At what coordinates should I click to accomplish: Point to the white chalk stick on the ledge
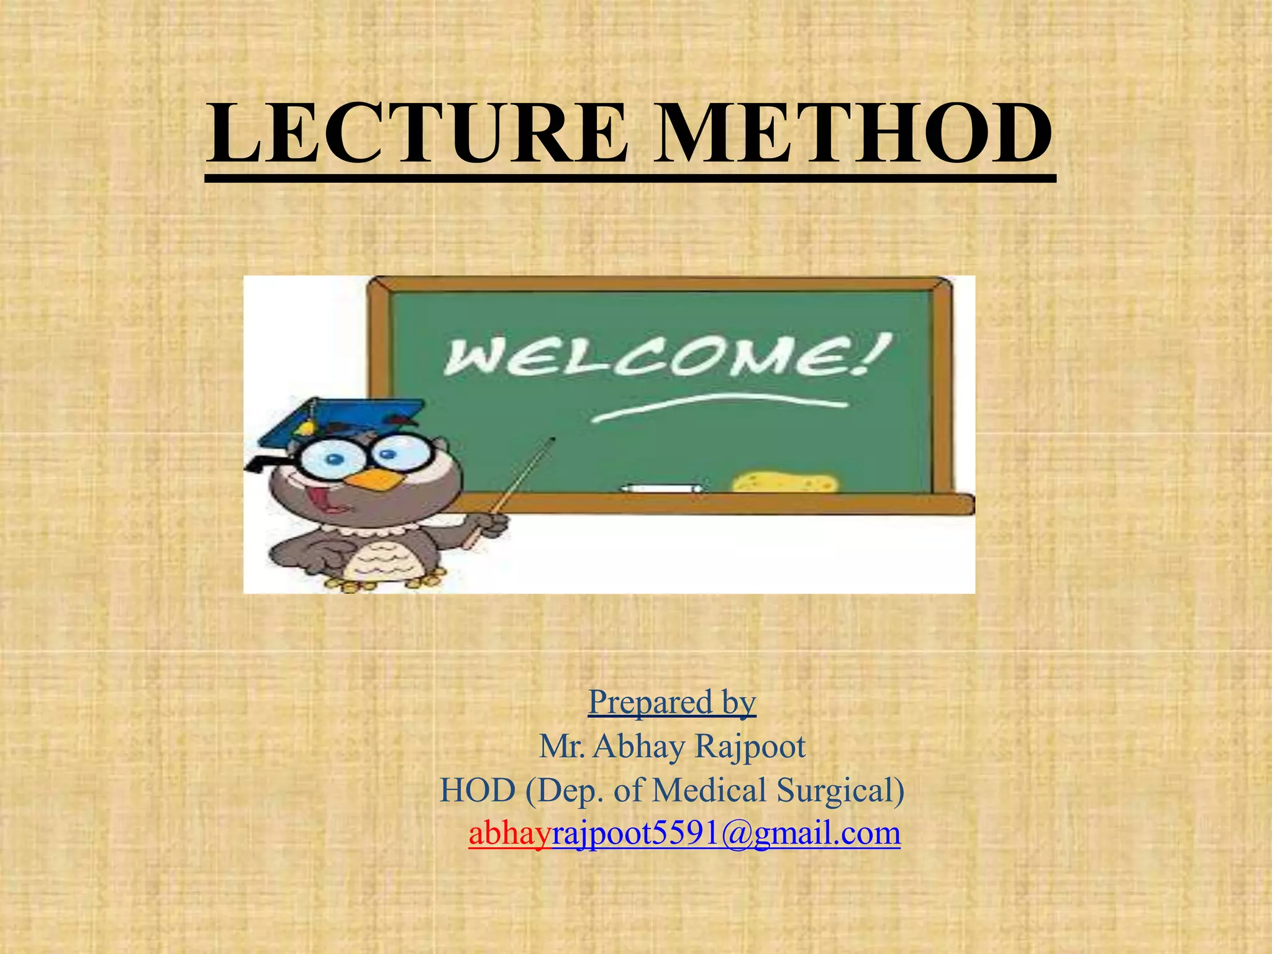(x=662, y=488)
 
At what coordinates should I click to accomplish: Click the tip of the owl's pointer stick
(x=552, y=440)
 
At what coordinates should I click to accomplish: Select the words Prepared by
(x=672, y=702)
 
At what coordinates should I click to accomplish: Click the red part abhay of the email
(x=510, y=833)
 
